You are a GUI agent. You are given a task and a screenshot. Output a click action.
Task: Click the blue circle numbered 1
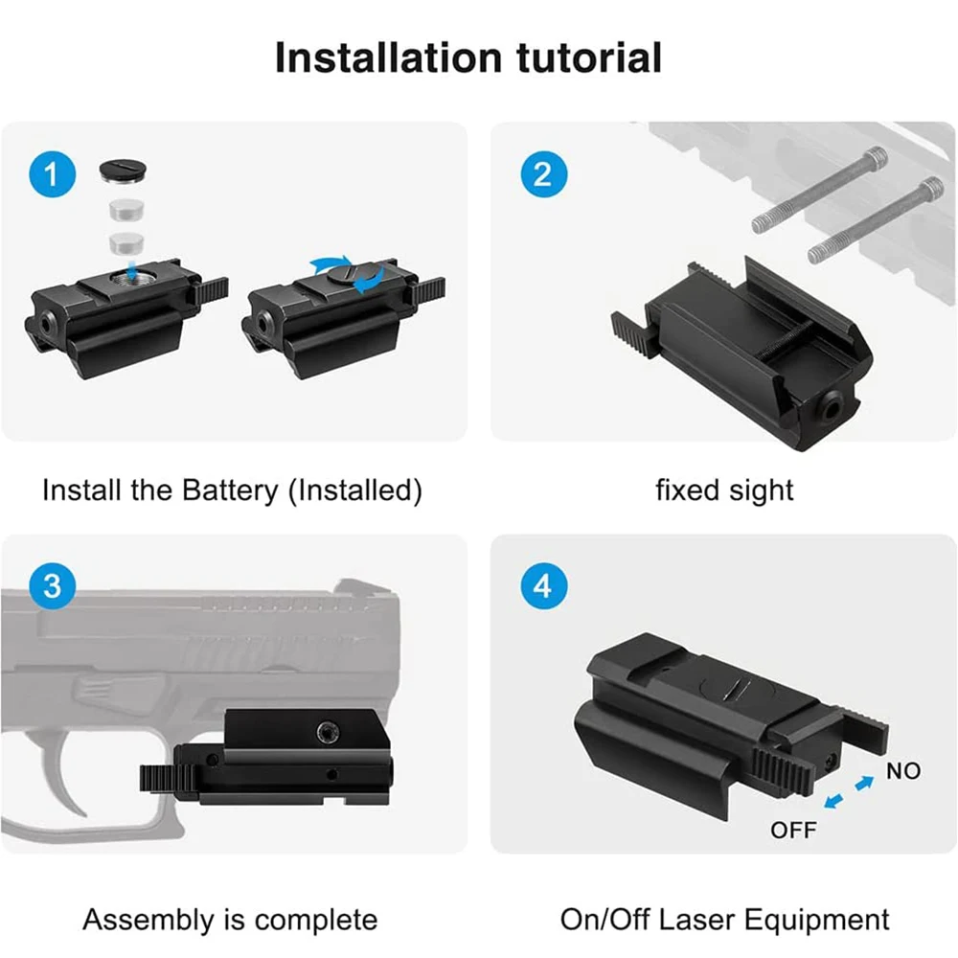tap(53, 174)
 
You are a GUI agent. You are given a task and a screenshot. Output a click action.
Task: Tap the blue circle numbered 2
tap(544, 174)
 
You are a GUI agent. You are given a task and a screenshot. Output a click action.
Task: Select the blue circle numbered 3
tap(53, 586)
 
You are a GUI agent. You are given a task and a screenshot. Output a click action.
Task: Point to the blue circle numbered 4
tap(544, 586)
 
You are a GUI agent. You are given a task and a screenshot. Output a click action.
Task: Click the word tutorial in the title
tap(589, 57)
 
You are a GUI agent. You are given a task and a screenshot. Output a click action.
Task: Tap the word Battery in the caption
tap(230, 490)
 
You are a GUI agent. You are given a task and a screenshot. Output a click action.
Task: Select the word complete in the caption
tap(316, 920)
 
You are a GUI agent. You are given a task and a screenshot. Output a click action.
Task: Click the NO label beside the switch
tap(903, 771)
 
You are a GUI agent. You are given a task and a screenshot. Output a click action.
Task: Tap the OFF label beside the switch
tap(793, 831)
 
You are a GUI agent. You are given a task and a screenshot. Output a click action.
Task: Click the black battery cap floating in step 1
tap(124, 171)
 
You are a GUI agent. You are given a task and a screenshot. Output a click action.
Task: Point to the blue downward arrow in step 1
tap(131, 267)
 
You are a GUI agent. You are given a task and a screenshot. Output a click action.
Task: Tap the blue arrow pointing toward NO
tap(864, 782)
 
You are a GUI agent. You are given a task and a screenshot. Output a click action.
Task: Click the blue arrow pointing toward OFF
tap(834, 800)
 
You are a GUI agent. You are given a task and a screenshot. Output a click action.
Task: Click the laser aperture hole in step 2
tap(831, 407)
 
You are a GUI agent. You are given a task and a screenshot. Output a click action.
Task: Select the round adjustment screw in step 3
tap(328, 731)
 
